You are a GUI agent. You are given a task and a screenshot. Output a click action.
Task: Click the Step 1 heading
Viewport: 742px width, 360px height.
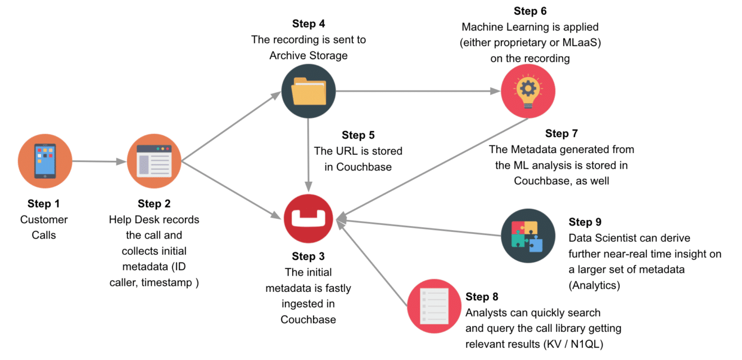pyautogui.click(x=44, y=204)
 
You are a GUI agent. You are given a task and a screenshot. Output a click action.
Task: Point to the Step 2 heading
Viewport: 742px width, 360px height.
pyautogui.click(x=154, y=204)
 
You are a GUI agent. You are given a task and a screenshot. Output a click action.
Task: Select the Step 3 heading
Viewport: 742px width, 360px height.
pyautogui.click(x=308, y=256)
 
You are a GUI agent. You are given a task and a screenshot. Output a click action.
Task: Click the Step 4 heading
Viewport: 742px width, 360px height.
pyautogui.click(x=309, y=24)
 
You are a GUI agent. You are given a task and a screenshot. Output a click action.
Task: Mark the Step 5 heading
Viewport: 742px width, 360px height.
pyautogui.click(x=358, y=135)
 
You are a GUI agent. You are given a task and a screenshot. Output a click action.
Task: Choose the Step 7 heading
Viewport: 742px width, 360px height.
pyautogui.click(x=561, y=133)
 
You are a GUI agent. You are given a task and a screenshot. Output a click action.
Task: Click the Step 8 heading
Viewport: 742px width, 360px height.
pyautogui.click(x=482, y=296)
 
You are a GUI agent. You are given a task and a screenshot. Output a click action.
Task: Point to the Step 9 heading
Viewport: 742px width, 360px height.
pyautogui.click(x=585, y=222)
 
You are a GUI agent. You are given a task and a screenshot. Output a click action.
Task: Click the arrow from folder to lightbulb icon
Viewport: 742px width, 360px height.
pyautogui.click(x=418, y=91)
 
